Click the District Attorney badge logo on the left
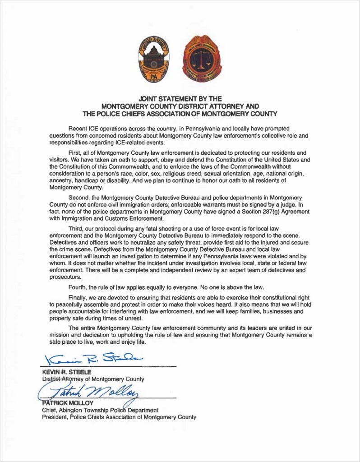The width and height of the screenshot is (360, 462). point(153,60)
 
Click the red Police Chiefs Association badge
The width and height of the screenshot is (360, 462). point(202,60)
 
